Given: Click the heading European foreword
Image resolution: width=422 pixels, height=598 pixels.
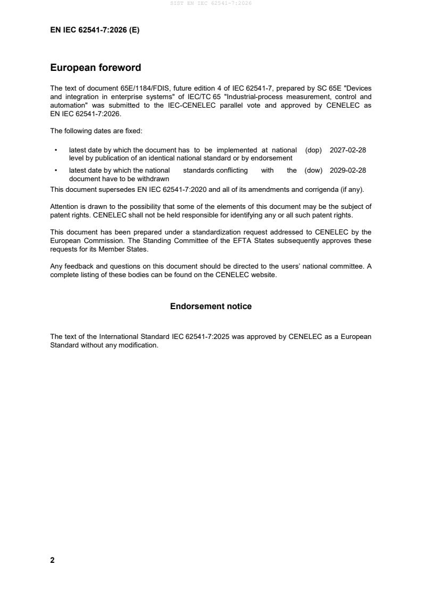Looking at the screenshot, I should [x=95, y=68].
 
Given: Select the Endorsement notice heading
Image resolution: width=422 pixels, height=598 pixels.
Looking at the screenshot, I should [x=211, y=306].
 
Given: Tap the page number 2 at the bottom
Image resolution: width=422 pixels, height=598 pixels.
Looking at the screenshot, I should [x=52, y=560].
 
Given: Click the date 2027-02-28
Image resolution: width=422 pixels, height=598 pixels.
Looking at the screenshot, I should [x=348, y=150].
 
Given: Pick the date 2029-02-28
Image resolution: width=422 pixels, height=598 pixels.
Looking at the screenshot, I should [x=348, y=171].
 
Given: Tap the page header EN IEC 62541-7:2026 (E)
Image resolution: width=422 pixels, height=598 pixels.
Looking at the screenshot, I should [x=95, y=30].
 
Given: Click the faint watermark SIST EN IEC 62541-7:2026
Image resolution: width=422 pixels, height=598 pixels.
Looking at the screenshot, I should [x=211, y=3].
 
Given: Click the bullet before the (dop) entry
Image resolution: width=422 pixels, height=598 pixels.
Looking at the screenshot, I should [x=56, y=150].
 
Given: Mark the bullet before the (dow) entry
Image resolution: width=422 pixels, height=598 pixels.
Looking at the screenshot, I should [x=56, y=171].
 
